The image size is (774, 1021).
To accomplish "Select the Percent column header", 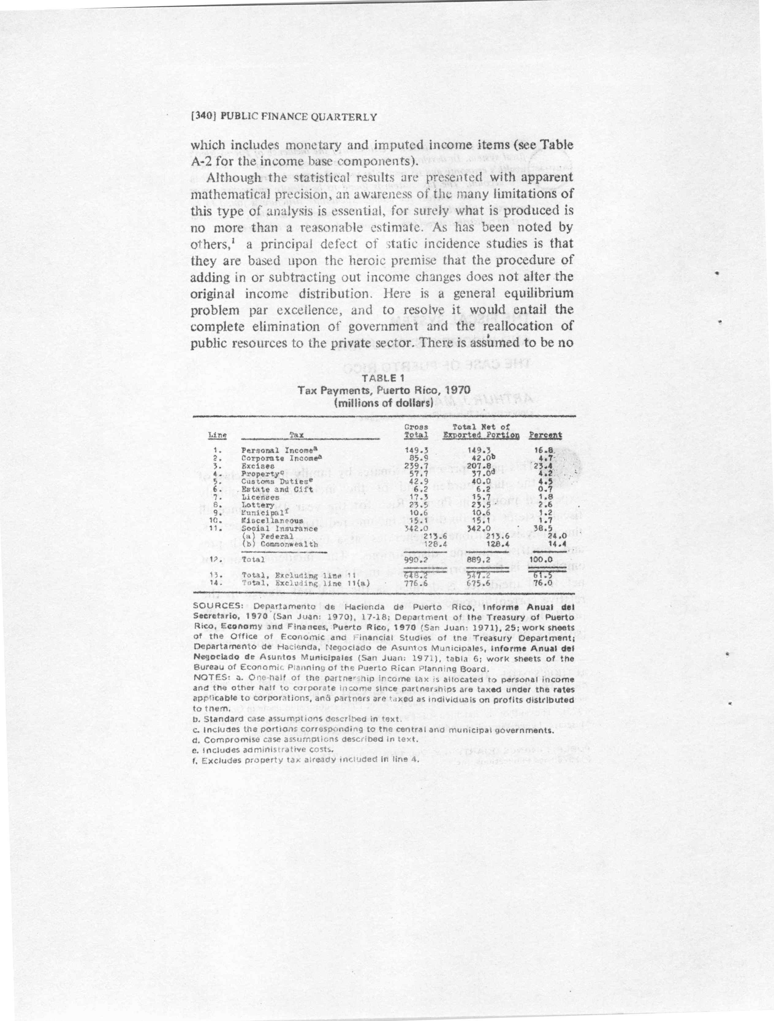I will pos(545,435).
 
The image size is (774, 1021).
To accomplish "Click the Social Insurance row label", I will pos(279,528).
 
